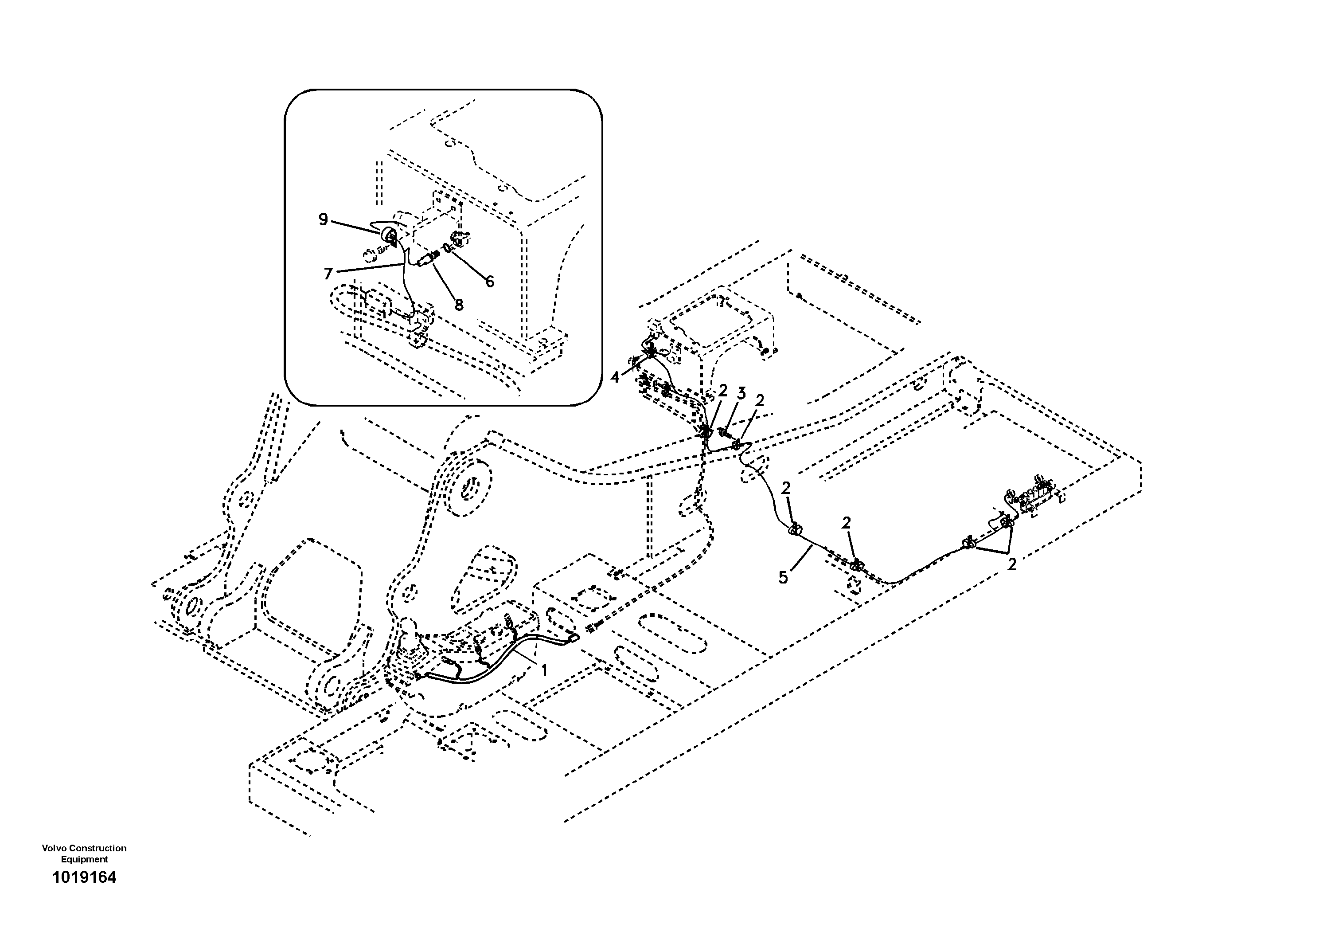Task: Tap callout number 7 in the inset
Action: (328, 274)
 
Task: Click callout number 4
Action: (615, 377)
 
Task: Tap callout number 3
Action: (741, 394)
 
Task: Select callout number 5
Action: (784, 577)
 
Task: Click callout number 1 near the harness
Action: (543, 670)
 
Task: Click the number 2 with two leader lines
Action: (1012, 564)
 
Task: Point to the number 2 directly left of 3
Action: (723, 391)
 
